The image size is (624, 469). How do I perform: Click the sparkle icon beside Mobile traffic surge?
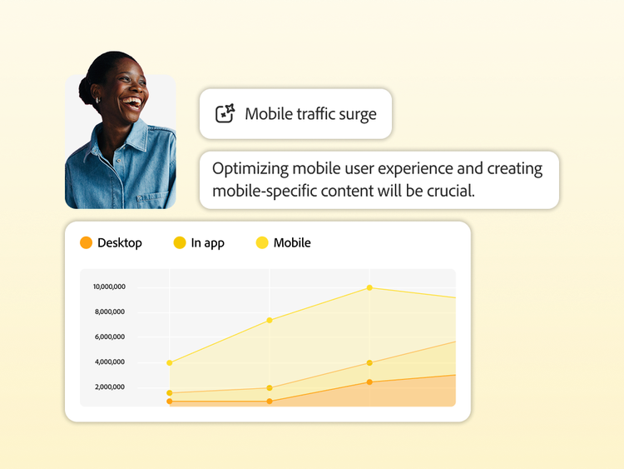click(x=225, y=113)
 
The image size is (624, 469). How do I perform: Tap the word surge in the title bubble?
click(x=358, y=115)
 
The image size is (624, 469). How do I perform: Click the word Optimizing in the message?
click(x=250, y=169)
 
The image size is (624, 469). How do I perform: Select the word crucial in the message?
click(x=451, y=191)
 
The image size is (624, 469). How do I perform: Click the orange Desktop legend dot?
click(x=86, y=242)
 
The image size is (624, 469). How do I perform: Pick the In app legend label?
click(x=208, y=243)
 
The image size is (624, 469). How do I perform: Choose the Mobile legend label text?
click(x=292, y=242)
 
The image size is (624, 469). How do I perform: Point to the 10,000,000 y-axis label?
click(x=110, y=287)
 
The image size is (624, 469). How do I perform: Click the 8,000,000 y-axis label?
click(x=110, y=312)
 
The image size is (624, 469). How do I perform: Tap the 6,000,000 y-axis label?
click(x=110, y=337)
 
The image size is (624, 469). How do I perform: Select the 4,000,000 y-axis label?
click(x=110, y=362)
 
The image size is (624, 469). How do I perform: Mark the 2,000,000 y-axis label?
click(x=110, y=387)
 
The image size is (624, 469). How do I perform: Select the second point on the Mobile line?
click(x=270, y=320)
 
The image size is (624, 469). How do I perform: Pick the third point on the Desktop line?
click(x=369, y=382)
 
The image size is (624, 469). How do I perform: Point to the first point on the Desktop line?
click(x=170, y=402)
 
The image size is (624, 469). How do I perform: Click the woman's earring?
click(x=98, y=100)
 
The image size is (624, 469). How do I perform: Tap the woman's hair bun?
click(x=85, y=90)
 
